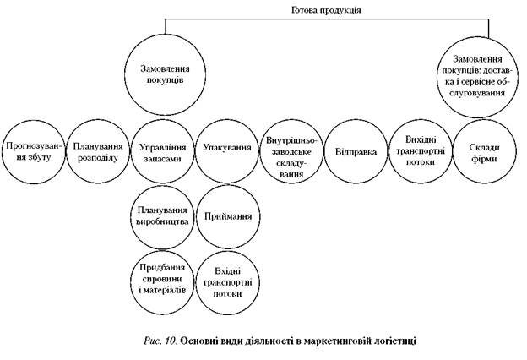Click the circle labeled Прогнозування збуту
coord(34,150)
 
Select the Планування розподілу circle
coord(98,150)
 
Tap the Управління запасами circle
coord(162,150)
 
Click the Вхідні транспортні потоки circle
coord(227,280)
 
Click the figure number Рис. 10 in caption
coord(159,340)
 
